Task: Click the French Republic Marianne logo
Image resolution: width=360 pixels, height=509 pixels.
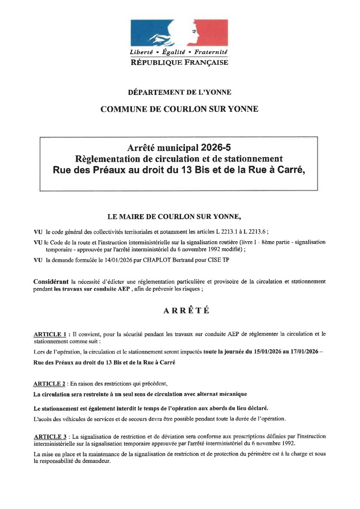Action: pyautogui.click(x=179, y=33)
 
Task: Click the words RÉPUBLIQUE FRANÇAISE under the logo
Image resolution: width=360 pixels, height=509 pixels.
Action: pyautogui.click(x=179, y=63)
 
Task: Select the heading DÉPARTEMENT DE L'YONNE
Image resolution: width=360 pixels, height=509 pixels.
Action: pyautogui.click(x=179, y=92)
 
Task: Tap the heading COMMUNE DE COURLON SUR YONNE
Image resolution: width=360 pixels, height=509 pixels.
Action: pyautogui.click(x=179, y=109)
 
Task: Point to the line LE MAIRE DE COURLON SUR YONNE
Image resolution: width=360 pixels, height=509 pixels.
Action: pyautogui.click(x=174, y=217)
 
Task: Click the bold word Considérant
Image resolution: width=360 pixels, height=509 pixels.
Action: pyautogui.click(x=51, y=282)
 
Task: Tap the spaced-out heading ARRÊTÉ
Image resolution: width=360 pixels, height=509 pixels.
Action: pyautogui.click(x=186, y=311)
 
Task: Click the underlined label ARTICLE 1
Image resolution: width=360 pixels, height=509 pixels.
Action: pyautogui.click(x=50, y=334)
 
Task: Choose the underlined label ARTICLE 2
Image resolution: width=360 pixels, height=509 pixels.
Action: pyautogui.click(x=49, y=384)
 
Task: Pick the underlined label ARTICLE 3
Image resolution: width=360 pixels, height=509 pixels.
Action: pyautogui.click(x=50, y=437)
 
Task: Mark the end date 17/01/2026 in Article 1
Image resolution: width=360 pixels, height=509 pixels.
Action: pyautogui.click(x=304, y=352)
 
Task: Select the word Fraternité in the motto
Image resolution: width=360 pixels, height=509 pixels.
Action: pyautogui.click(x=211, y=52)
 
